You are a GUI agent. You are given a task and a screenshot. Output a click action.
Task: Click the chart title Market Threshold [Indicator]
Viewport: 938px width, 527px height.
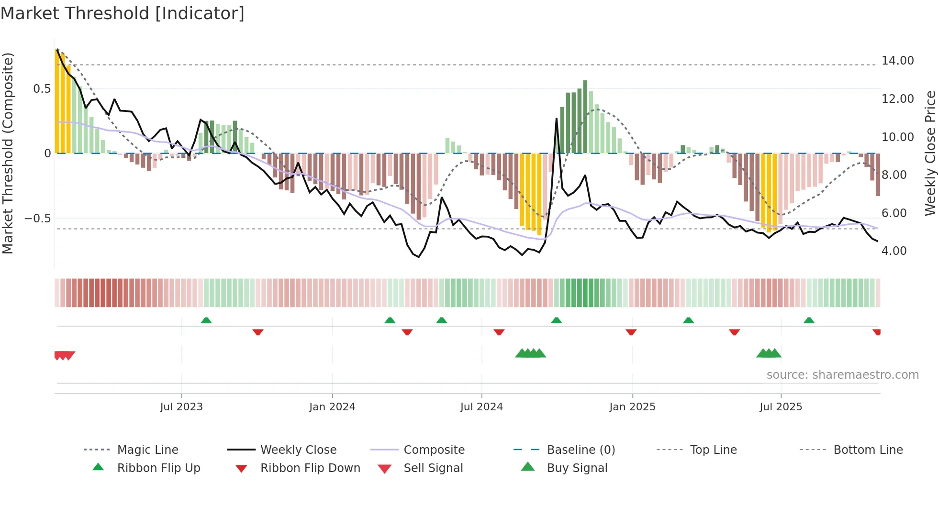coord(123,13)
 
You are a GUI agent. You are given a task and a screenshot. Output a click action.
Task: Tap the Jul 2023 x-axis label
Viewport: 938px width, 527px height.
coord(181,407)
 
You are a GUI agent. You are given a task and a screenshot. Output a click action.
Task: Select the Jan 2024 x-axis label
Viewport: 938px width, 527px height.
coord(332,407)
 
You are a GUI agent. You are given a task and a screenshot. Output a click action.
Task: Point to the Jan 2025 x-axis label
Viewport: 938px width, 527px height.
coord(632,407)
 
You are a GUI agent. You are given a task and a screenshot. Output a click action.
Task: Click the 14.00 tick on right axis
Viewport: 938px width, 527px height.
coord(897,61)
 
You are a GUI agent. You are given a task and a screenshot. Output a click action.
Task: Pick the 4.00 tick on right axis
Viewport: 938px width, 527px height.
coord(894,251)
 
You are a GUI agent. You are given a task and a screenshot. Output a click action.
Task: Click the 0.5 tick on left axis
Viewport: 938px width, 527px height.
coord(42,89)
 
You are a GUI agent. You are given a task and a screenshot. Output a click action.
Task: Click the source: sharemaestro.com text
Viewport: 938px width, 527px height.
coord(842,375)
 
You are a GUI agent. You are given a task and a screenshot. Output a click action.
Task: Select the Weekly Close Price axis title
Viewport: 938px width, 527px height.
coord(929,153)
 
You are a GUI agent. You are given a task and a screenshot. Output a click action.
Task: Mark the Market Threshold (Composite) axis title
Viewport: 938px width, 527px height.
coord(8,153)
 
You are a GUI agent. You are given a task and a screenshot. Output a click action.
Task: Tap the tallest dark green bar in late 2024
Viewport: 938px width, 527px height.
coord(585,117)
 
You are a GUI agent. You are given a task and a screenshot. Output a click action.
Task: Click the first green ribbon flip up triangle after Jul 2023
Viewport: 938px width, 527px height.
coord(206,320)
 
